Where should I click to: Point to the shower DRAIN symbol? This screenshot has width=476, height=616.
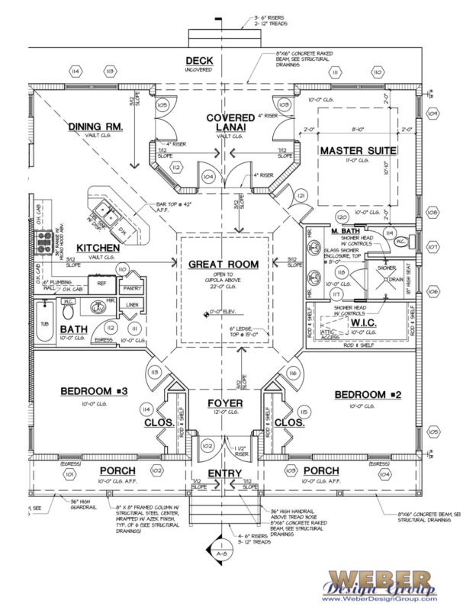click(x=394, y=279)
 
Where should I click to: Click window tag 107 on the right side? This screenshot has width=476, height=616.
click(x=433, y=247)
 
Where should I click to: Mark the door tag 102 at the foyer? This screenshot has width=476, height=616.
click(x=205, y=444)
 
